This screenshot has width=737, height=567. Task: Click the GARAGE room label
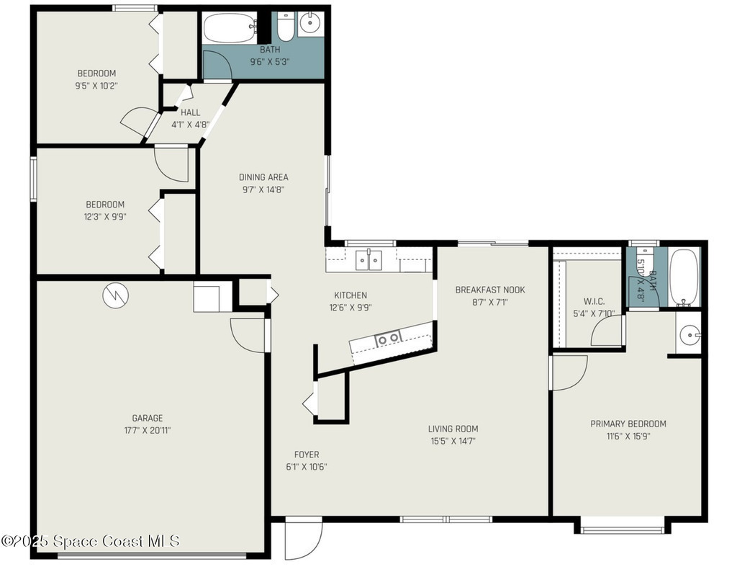pyautogui.click(x=147, y=418)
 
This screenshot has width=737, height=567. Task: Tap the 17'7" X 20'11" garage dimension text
pyautogui.click(x=147, y=431)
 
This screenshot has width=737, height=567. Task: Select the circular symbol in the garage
pyautogui.click(x=116, y=295)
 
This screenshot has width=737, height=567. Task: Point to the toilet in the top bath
pyautogui.click(x=284, y=27)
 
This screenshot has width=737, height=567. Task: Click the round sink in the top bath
pyautogui.click(x=309, y=22)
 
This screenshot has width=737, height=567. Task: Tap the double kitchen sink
pyautogui.click(x=368, y=260)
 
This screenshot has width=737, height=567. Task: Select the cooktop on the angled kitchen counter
pyautogui.click(x=388, y=339)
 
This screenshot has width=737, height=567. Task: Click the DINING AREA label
pyautogui.click(x=263, y=177)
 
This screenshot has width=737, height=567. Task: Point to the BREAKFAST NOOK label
pyautogui.click(x=489, y=290)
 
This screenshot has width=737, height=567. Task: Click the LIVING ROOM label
pyautogui.click(x=453, y=429)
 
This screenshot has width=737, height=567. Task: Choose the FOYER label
pyautogui.click(x=307, y=455)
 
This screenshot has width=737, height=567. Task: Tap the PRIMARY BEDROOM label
pyautogui.click(x=628, y=424)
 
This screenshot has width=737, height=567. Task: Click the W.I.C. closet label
pyautogui.click(x=594, y=301)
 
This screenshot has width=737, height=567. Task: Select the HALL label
pyautogui.click(x=190, y=112)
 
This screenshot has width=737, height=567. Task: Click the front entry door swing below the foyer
pyautogui.click(x=304, y=539)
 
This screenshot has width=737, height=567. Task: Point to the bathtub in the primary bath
pyautogui.click(x=684, y=277)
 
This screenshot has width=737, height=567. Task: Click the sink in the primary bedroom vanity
pyautogui.click(x=689, y=335)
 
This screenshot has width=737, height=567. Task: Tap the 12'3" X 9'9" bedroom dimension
pyautogui.click(x=106, y=217)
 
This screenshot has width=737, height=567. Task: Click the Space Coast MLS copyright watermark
pyautogui.click(x=90, y=541)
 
